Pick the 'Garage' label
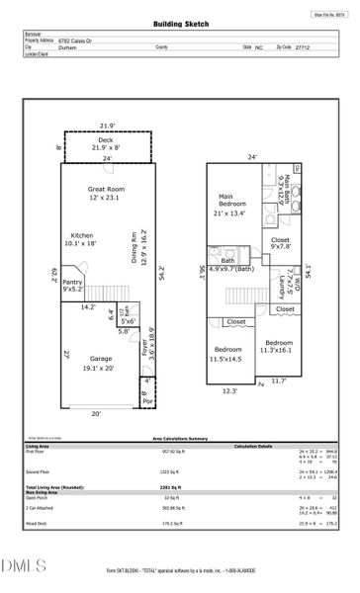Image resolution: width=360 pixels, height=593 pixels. pyautogui.click(x=95, y=358)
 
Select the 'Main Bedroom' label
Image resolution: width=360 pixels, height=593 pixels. pyautogui.click(x=235, y=205)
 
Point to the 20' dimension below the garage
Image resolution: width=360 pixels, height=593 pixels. pyautogui.click(x=97, y=413)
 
